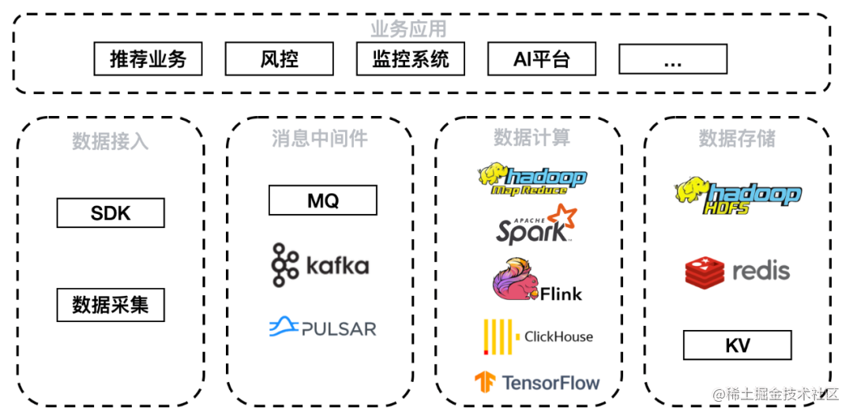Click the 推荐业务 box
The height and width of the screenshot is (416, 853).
point(148,59)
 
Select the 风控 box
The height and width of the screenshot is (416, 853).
point(279,59)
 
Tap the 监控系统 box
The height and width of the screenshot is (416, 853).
point(410,59)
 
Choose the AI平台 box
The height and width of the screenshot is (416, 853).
point(541,59)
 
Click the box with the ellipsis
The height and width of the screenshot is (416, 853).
point(672,59)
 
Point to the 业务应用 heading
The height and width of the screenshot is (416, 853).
point(408,29)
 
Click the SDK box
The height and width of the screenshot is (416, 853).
point(111,213)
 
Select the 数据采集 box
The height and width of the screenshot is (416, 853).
point(111,305)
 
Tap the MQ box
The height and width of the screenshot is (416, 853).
point(322,201)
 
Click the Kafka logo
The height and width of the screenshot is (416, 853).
point(320,264)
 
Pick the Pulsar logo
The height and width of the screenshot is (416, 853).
point(322,327)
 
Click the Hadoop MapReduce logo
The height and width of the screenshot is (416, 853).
point(532,180)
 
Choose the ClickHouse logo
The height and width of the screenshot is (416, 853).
point(537,336)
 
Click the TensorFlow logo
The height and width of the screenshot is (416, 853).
point(536,383)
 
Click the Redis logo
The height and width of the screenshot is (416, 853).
point(737,272)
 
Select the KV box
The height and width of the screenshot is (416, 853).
point(737,346)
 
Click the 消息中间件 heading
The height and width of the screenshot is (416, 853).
point(320,139)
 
